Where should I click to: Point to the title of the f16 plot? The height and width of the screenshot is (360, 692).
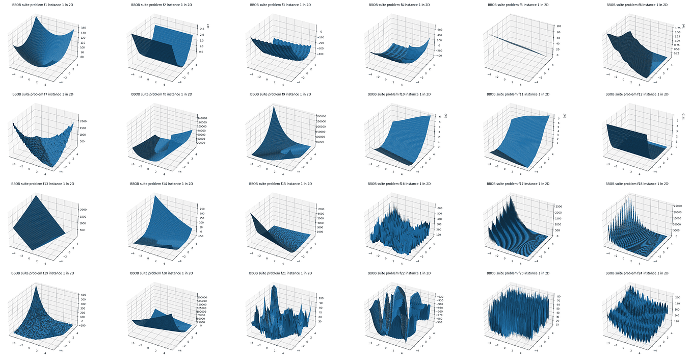coord(399,184)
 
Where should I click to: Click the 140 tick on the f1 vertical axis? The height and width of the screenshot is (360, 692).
coord(83,28)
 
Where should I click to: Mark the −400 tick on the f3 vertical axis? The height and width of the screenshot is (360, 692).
coord(322,54)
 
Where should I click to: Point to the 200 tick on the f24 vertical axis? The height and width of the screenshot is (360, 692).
coord(678,296)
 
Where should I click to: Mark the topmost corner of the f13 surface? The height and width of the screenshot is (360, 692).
coord(38,196)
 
